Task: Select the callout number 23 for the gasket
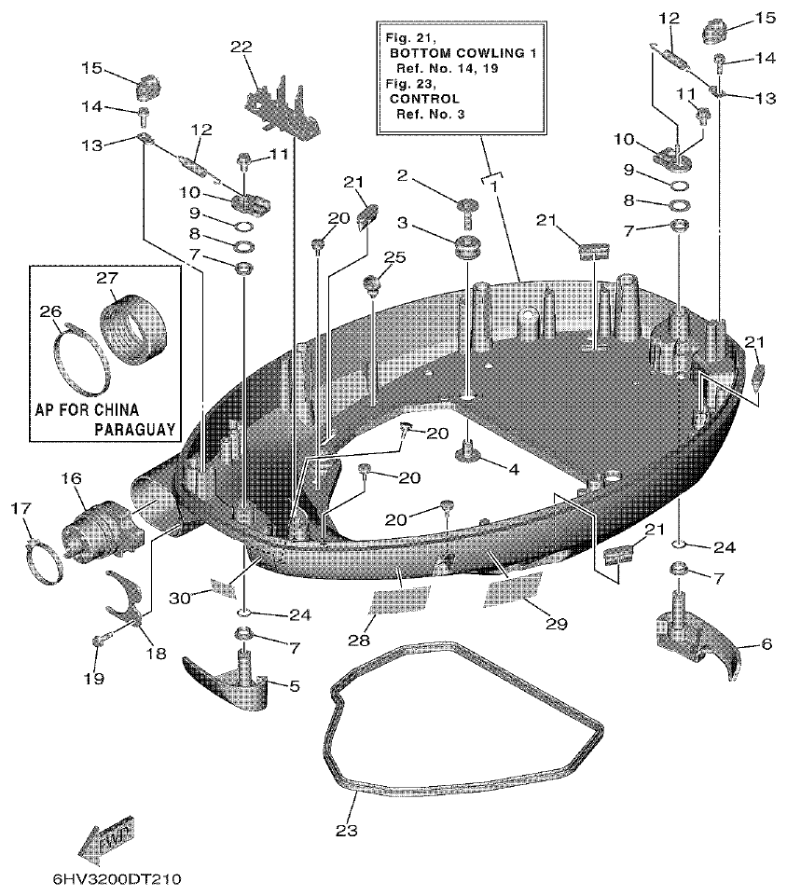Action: tap(345, 828)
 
